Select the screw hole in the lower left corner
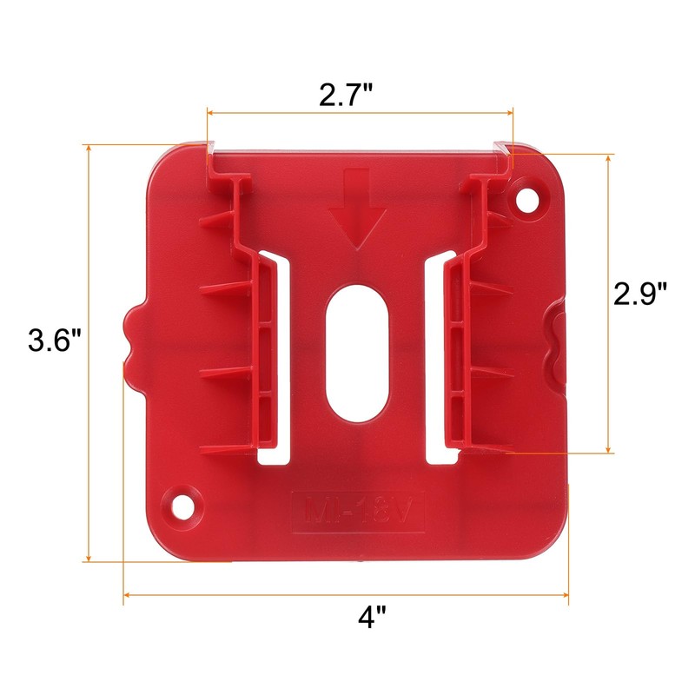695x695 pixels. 182,504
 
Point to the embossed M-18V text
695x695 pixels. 358,509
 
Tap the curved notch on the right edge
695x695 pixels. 556,343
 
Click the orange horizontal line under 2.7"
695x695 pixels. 360,111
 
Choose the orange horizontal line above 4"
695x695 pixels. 347,595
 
